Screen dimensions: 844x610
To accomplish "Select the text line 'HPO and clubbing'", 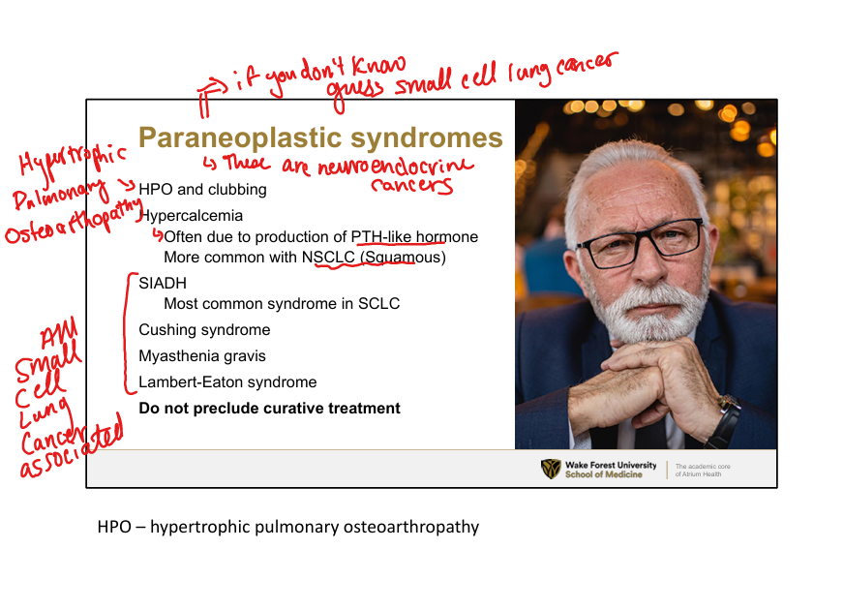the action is click(x=202, y=190).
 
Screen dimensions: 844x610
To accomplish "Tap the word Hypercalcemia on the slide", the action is click(x=191, y=215).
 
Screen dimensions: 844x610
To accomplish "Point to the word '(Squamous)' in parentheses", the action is click(x=403, y=258).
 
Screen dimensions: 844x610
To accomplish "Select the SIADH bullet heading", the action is click(x=163, y=283).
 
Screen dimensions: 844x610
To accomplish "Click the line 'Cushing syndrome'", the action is click(x=204, y=329).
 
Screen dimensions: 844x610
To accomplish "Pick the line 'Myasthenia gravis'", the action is click(x=202, y=356).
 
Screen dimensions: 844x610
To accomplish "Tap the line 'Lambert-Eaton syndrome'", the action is click(x=227, y=382).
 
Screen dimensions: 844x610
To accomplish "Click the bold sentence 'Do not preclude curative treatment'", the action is click(x=270, y=408).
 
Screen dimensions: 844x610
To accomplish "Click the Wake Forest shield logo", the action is click(x=551, y=469).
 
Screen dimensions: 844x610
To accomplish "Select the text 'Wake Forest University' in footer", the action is click(x=611, y=465).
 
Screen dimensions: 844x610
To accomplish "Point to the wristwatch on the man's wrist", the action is click(x=727, y=420).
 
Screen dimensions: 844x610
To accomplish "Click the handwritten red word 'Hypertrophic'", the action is click(x=73, y=160).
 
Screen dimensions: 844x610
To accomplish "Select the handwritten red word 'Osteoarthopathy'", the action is click(x=73, y=222).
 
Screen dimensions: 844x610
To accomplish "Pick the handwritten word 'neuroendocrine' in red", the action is click(x=396, y=166).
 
